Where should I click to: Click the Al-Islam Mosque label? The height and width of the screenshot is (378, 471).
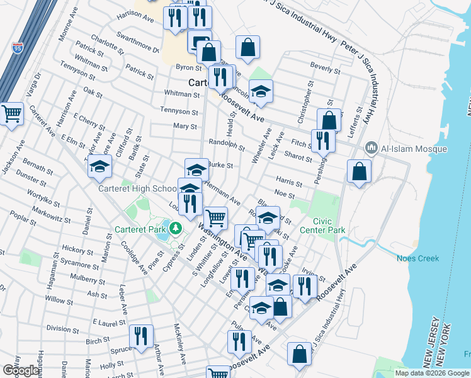pos(414,149)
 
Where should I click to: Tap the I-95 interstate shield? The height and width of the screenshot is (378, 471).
pos(16,47)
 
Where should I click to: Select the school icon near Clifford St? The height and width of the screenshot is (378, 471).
pos(99,168)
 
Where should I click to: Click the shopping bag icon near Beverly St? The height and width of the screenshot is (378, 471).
pos(248,46)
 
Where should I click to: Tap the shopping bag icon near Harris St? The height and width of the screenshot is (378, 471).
pos(358,171)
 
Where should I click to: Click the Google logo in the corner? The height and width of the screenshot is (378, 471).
pos(21,370)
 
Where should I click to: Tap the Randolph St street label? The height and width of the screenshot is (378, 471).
pos(226,145)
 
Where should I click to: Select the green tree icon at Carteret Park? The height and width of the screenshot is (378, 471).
pos(177,227)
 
